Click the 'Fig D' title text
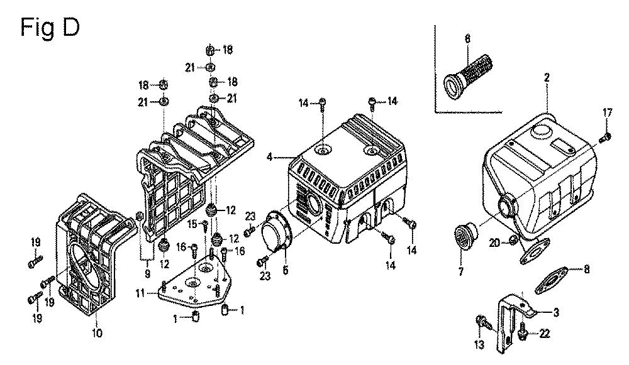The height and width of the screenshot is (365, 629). [50, 28]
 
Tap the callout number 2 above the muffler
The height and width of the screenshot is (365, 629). [547, 77]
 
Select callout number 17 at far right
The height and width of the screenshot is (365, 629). [608, 112]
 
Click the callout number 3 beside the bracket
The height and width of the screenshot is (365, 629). [555, 312]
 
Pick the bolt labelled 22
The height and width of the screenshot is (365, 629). [522, 332]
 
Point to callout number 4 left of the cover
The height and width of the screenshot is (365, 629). [270, 157]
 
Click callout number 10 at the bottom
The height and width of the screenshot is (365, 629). [97, 333]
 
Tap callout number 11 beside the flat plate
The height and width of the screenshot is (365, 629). [140, 293]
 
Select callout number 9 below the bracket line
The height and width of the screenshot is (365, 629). [147, 273]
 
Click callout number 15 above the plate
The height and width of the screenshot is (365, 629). [192, 223]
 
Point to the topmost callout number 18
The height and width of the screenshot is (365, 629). [228, 50]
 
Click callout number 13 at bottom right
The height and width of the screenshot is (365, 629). [479, 344]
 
